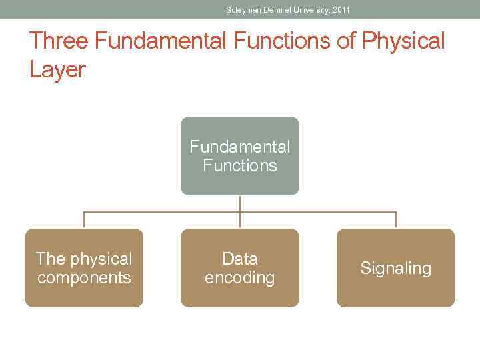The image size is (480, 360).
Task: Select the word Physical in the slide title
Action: click(403, 41)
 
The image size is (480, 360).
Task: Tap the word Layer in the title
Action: click(57, 69)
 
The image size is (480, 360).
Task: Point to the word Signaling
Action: click(395, 269)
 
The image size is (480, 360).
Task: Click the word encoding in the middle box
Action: click(240, 278)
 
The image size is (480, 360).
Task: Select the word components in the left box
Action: click(84, 278)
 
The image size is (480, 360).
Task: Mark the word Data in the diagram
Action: click(240, 259)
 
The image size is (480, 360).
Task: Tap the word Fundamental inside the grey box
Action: click(240, 147)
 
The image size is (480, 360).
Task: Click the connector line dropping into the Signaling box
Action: click(396, 221)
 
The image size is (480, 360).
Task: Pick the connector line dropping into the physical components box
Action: click(84, 221)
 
